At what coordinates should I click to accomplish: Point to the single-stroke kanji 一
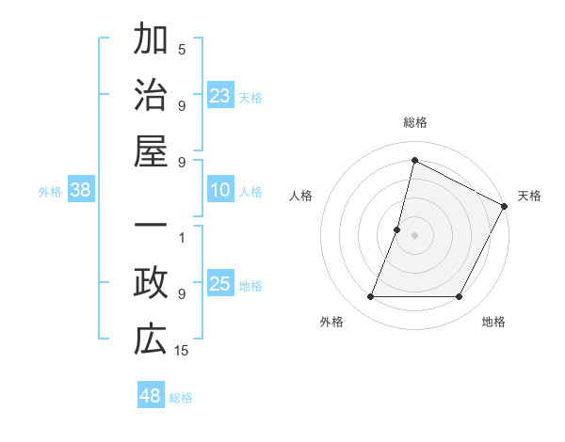click(151, 227)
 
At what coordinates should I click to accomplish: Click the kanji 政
click(151, 284)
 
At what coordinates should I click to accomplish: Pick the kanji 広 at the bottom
click(151, 339)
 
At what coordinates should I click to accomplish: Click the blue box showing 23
click(219, 95)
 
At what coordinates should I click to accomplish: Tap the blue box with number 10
click(219, 191)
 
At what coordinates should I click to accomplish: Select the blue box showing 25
click(219, 285)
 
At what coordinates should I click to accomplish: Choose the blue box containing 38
click(81, 191)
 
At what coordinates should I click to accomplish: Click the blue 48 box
click(150, 396)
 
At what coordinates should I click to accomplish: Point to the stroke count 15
click(182, 350)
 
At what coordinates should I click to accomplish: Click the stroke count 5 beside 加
click(182, 49)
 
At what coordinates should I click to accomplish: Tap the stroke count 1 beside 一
click(182, 237)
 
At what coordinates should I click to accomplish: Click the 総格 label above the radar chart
click(415, 123)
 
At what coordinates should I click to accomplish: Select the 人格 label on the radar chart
click(301, 196)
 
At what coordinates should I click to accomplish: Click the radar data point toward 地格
click(460, 297)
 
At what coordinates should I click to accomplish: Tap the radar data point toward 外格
click(370, 297)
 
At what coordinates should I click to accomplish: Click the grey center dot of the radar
click(414, 235)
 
